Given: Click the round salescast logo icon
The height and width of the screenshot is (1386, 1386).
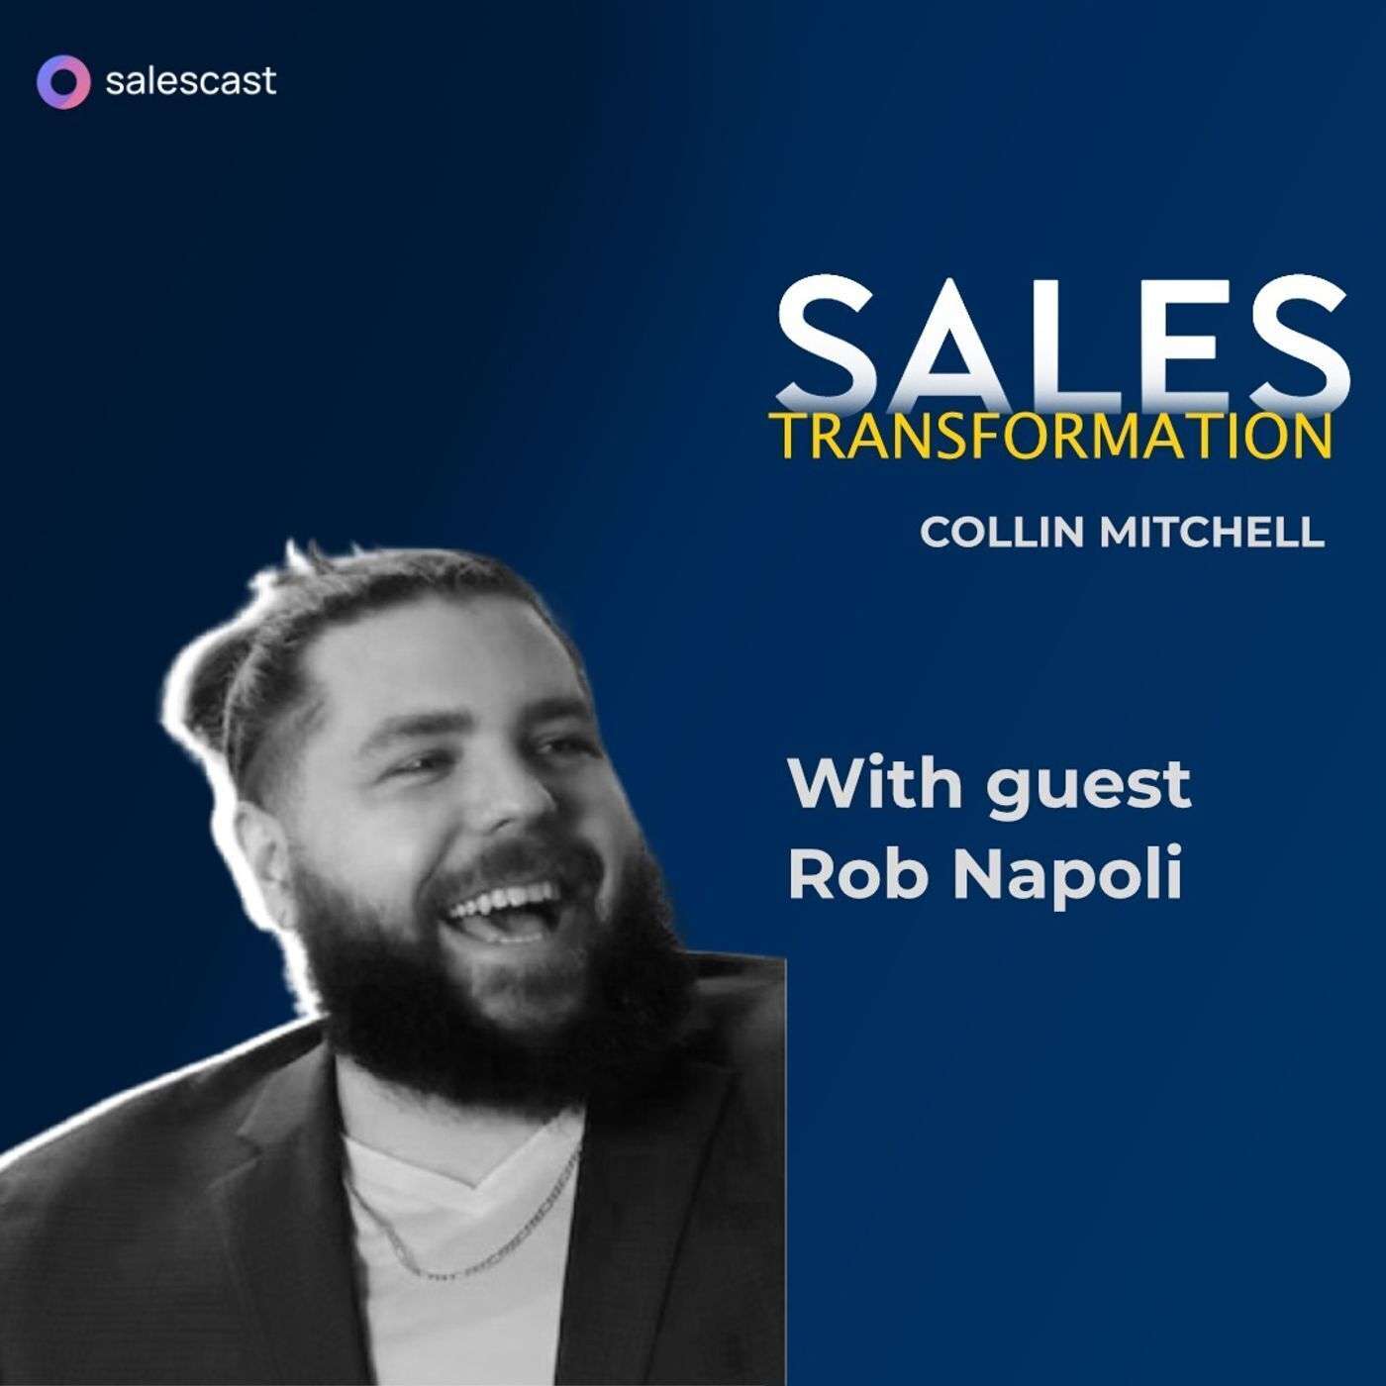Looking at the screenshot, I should [62, 80].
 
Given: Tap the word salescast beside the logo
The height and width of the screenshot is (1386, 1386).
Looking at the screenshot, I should [190, 80].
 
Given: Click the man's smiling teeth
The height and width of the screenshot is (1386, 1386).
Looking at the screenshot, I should [505, 907].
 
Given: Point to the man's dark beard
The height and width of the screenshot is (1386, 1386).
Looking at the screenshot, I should [445, 1020].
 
